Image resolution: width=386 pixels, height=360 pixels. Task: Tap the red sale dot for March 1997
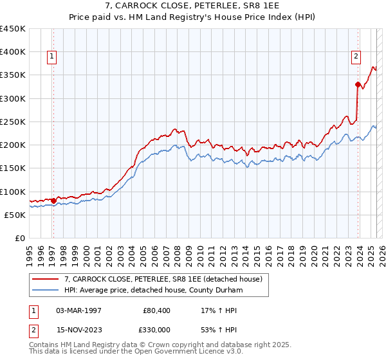click(53, 201)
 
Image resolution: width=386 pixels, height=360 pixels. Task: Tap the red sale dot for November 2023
click(358, 84)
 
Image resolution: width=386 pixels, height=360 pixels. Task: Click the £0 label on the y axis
click(19, 238)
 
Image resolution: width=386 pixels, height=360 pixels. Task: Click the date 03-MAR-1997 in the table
click(79, 310)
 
